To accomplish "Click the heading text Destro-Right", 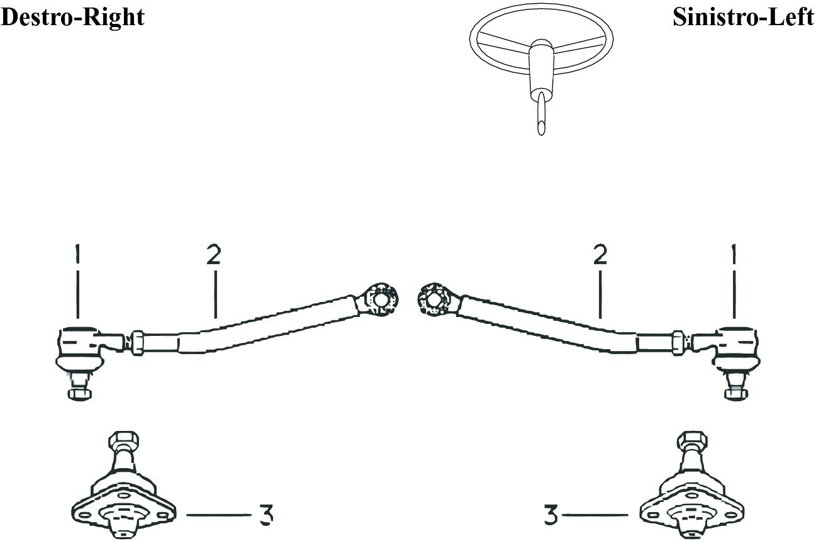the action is coord(72,18).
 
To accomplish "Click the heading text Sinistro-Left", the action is coord(743,17).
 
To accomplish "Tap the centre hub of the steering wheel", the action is coord(541,47).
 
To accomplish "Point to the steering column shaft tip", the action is coord(541,130).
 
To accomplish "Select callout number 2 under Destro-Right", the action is coord(214,254).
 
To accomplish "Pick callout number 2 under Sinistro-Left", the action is coord(600,254).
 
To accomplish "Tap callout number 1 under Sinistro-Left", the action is coord(734,254).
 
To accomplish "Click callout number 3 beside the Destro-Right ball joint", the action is coord(266,515).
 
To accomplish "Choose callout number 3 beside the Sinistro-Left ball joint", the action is coord(551,515).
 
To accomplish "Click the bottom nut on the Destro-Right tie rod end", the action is coord(80,394).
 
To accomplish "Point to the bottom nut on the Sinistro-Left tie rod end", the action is coord(736,394).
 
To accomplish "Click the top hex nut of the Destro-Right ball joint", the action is coord(124,441).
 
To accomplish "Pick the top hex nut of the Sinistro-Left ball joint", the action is coord(692,441).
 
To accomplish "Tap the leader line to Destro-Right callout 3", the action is coord(219,515).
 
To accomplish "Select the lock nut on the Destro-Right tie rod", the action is coord(137,343).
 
